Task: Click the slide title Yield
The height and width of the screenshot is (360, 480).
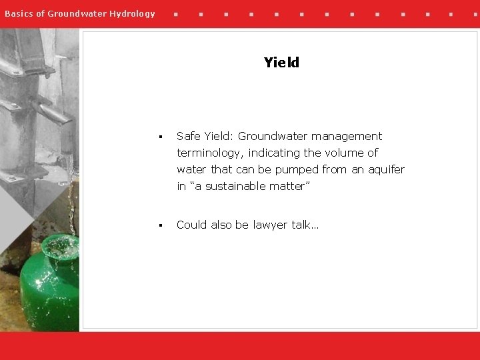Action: pos(281,63)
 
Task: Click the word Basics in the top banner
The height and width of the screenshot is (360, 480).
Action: pos(18,13)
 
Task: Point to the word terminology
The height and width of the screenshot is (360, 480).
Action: pos(209,153)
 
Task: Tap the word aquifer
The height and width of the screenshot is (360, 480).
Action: pos(386,170)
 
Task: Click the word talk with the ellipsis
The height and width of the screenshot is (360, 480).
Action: pos(305,225)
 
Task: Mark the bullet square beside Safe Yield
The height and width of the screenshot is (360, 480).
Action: pos(161,137)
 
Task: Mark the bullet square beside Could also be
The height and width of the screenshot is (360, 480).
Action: pos(161,225)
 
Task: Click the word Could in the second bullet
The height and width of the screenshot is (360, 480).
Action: pos(192,225)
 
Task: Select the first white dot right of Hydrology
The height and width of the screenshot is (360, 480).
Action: pos(175,13)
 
